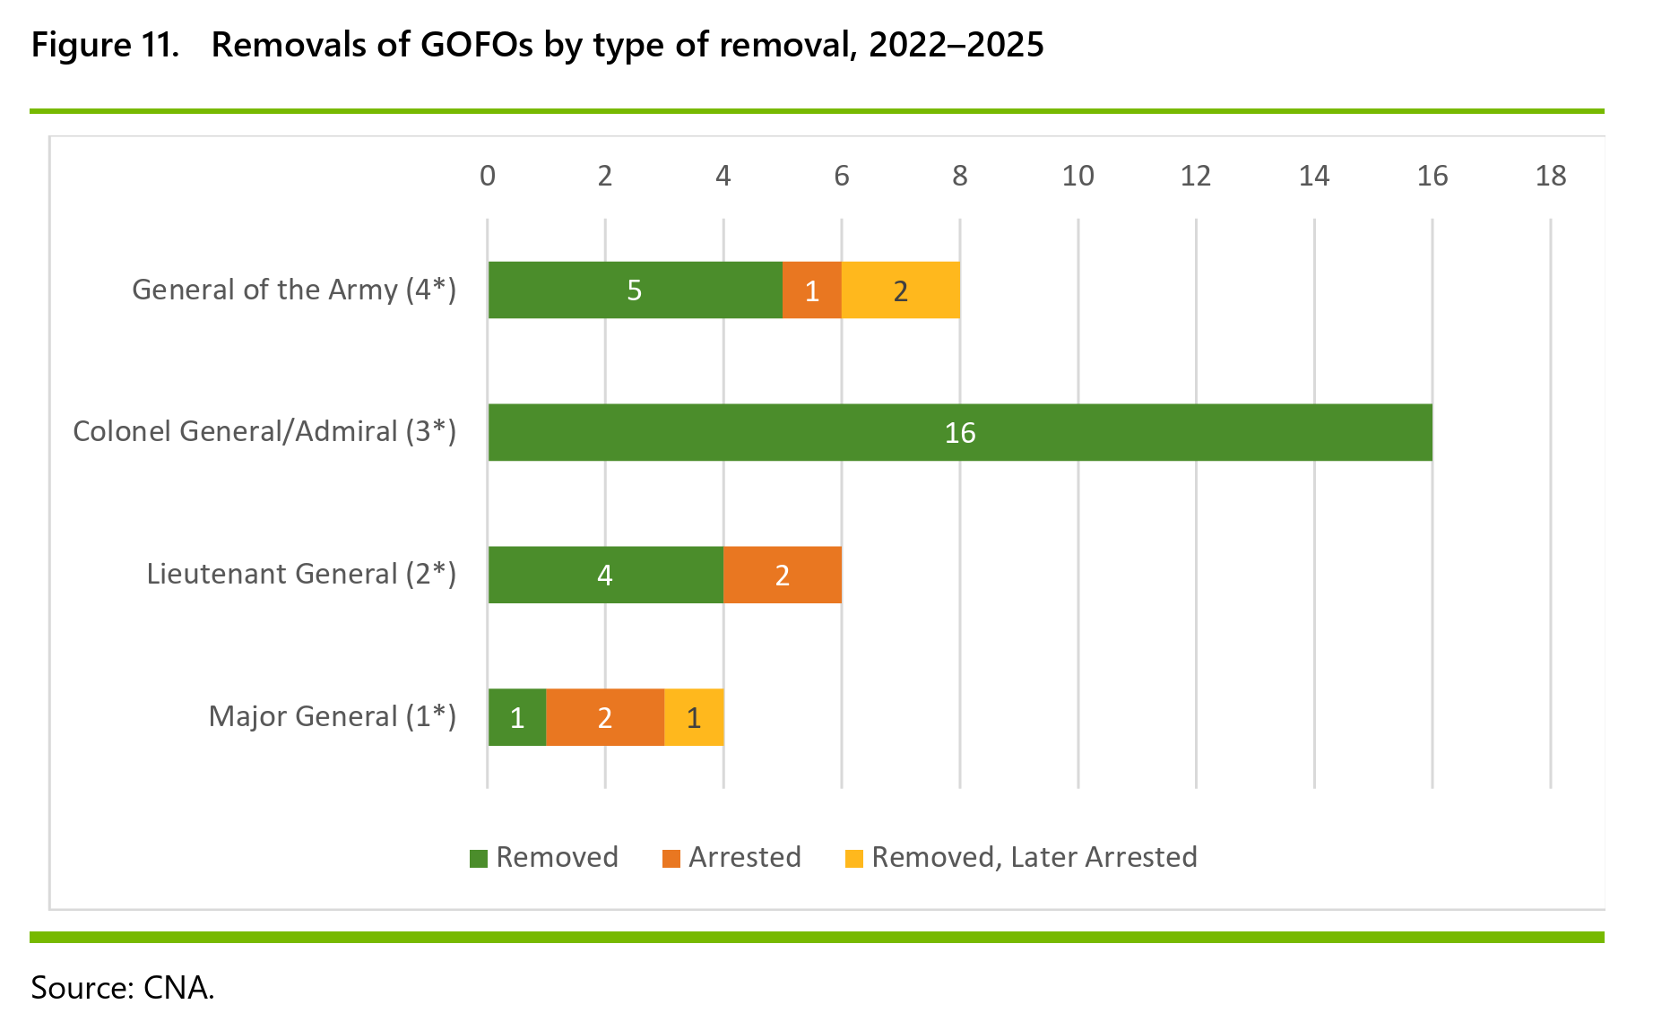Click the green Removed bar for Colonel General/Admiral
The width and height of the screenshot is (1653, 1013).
point(960,432)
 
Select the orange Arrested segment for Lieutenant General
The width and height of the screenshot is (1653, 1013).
point(783,575)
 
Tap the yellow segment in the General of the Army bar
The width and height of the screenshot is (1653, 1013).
point(901,290)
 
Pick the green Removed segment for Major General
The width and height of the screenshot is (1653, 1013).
point(517,717)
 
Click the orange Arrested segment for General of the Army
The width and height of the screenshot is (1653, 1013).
point(812,290)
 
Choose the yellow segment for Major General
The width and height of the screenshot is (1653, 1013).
point(694,717)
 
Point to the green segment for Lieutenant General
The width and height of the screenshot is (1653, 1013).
point(606,575)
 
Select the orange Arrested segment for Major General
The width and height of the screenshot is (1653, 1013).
point(605,717)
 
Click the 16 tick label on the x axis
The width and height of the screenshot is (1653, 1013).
point(1432,176)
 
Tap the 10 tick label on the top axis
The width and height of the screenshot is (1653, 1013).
point(1077,176)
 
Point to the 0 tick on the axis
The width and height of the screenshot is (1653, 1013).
point(488,176)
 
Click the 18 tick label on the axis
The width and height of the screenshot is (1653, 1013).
point(1551,176)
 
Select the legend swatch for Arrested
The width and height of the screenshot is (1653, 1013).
point(671,858)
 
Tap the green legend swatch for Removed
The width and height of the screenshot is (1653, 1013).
point(479,858)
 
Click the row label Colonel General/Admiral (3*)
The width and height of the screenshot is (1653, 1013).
point(264,431)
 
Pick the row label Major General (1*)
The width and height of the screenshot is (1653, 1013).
point(333,716)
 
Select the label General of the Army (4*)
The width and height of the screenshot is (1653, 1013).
point(294,290)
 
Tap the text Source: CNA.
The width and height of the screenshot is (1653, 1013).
point(123,987)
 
